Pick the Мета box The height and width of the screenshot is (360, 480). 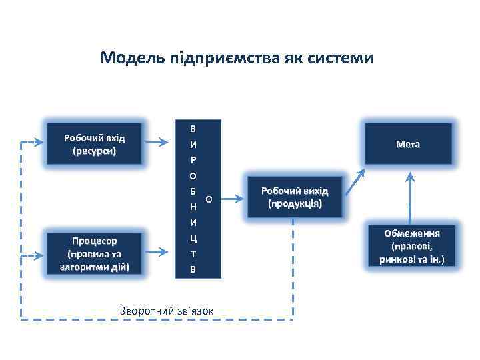pyautogui.click(x=407, y=144)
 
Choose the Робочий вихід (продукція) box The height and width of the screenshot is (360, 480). pyautogui.click(x=295, y=197)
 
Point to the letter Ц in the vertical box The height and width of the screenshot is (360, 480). pyautogui.click(x=193, y=237)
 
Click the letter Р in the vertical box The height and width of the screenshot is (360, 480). pyautogui.click(x=193, y=160)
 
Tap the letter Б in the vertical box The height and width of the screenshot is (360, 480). pyautogui.click(x=193, y=191)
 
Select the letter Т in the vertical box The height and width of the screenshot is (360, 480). pyautogui.click(x=193, y=253)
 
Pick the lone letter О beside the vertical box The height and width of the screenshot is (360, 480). pyautogui.click(x=209, y=199)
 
